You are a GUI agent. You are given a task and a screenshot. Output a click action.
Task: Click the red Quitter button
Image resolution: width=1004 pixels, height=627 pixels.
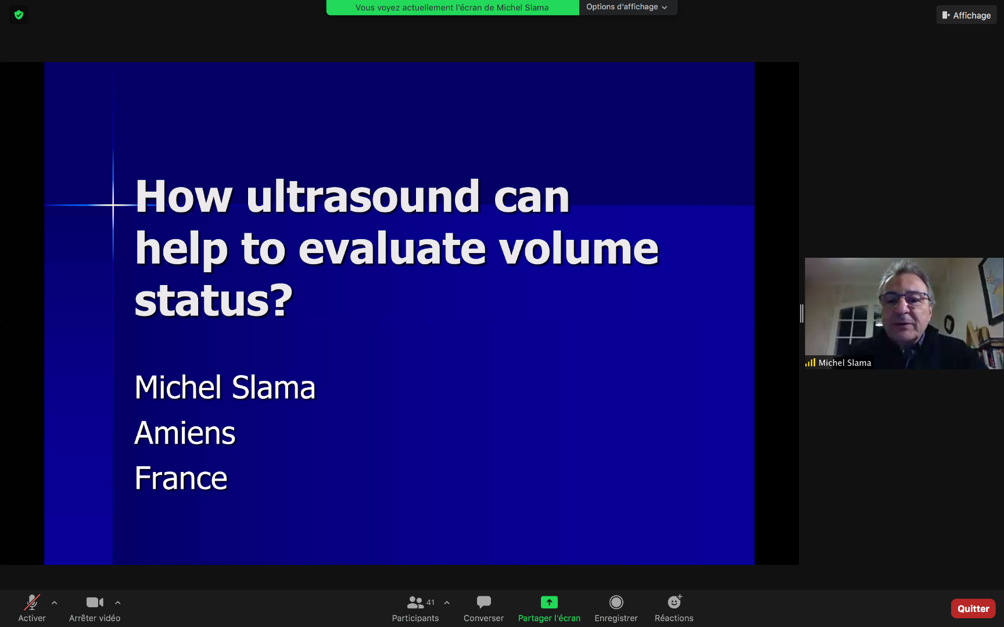click(x=973, y=608)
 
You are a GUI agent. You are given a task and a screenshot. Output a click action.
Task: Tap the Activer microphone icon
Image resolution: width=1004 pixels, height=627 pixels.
click(x=32, y=602)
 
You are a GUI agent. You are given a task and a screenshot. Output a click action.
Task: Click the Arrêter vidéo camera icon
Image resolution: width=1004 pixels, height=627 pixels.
click(x=95, y=602)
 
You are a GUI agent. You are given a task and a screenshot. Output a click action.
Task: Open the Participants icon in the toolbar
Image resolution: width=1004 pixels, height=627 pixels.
click(x=415, y=602)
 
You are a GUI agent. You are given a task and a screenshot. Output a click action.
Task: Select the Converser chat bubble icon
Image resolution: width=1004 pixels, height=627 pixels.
click(x=483, y=602)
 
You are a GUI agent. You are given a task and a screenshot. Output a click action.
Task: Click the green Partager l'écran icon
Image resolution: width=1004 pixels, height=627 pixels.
click(x=549, y=602)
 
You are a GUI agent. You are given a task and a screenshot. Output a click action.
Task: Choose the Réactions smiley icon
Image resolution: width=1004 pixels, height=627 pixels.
click(x=675, y=601)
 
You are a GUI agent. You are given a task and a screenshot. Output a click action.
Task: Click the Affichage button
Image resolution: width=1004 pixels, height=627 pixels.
click(x=966, y=15)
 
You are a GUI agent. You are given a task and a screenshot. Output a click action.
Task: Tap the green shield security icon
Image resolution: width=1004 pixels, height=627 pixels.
click(x=19, y=15)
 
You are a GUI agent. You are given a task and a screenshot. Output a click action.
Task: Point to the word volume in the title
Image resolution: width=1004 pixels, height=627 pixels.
click(x=579, y=248)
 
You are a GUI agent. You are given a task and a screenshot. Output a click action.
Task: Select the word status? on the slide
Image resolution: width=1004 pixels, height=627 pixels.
click(x=213, y=300)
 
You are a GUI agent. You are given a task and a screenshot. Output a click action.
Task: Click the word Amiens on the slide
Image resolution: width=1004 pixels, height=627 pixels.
click(x=185, y=433)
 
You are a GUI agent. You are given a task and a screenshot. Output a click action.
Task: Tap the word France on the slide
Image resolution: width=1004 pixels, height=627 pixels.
click(x=181, y=478)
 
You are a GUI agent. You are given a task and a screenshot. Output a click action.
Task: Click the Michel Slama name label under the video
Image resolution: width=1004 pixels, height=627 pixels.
click(x=845, y=363)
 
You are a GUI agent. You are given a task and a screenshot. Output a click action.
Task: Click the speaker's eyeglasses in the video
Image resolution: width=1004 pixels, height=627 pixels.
click(x=905, y=300)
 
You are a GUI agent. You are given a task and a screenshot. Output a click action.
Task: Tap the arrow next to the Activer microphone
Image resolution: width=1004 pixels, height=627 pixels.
click(x=54, y=603)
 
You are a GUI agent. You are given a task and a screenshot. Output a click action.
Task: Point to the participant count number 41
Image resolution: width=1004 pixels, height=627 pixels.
click(x=431, y=602)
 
